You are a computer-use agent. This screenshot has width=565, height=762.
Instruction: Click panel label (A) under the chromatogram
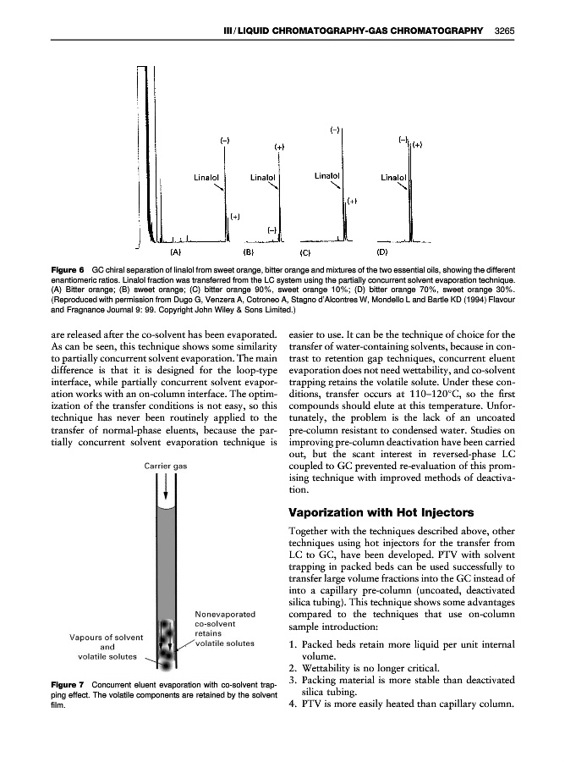tap(175, 251)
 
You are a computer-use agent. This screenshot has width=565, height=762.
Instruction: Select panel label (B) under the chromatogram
tap(249, 251)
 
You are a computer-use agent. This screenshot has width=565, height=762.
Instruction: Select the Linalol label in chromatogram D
tap(393, 178)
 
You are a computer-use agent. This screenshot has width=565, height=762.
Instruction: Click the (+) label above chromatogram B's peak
tap(279, 147)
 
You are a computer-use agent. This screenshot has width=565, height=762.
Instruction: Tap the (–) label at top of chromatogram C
tap(335, 130)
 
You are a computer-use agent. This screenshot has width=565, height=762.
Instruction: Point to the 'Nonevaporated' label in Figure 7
tap(225, 614)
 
